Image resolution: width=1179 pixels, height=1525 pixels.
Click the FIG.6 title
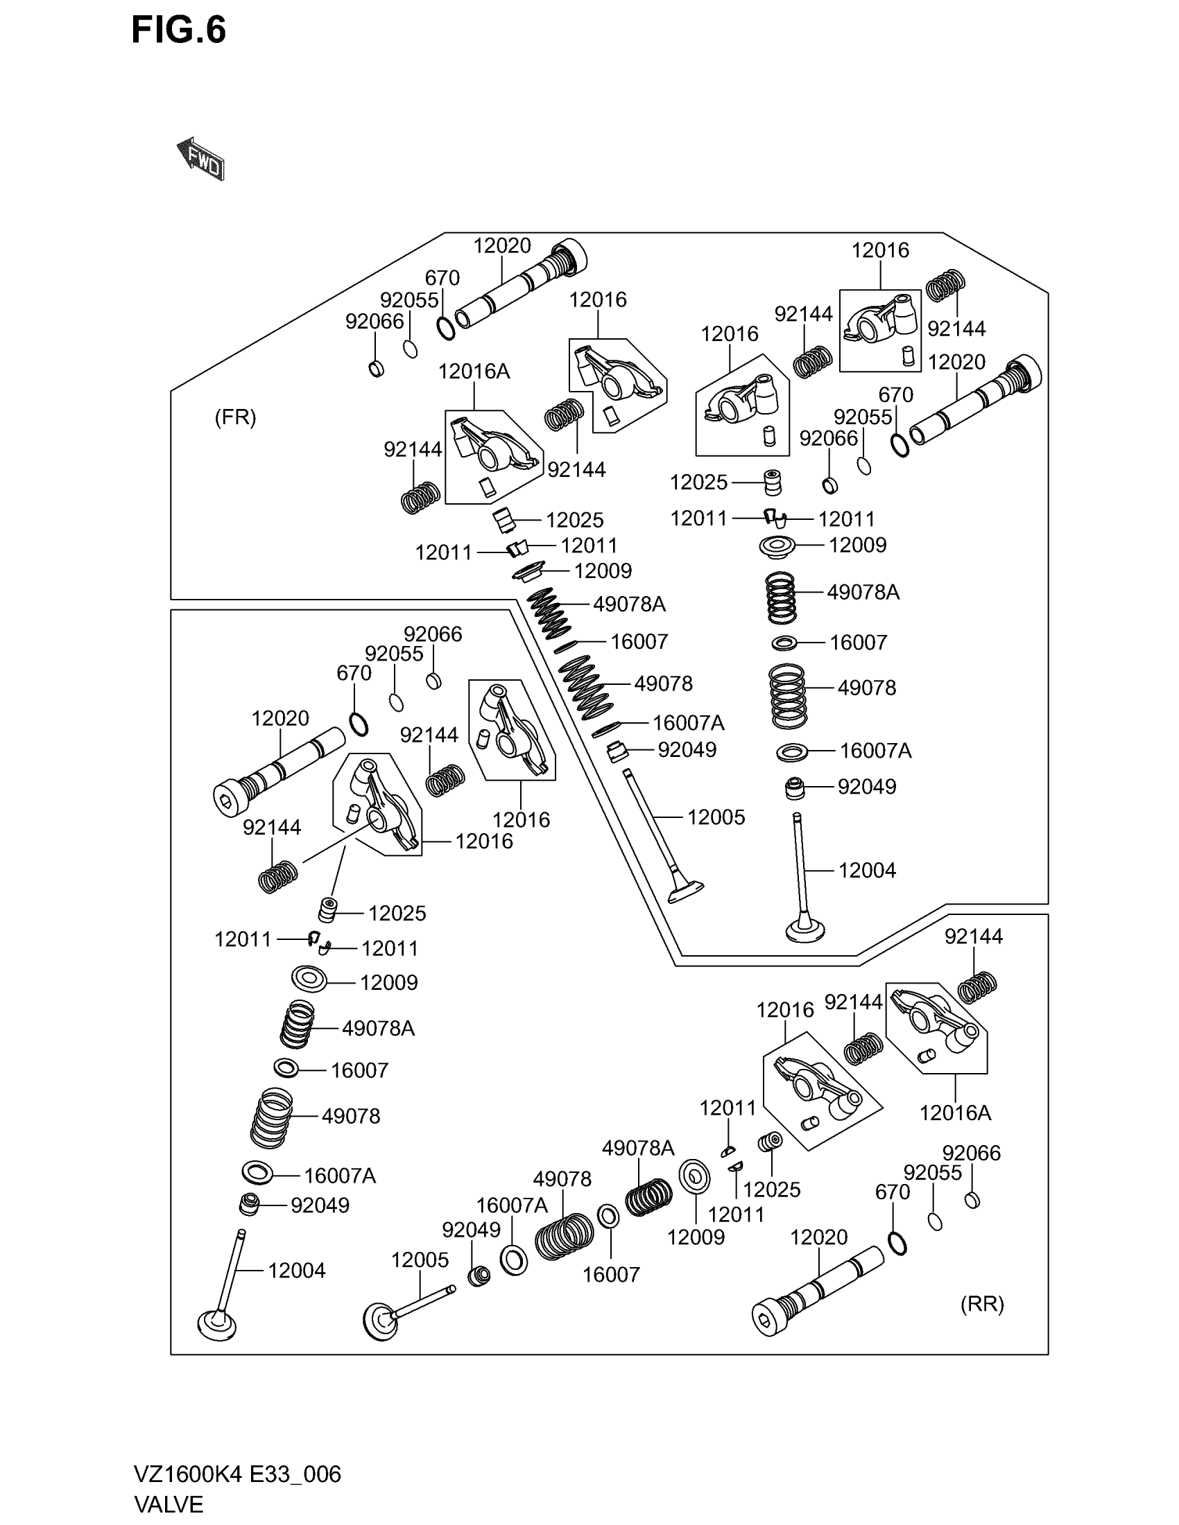[x=179, y=31]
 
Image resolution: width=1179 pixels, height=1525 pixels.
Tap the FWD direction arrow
[x=201, y=159]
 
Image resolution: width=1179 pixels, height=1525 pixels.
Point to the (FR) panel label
[x=235, y=417]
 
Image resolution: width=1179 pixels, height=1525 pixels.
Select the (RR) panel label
[x=982, y=1305]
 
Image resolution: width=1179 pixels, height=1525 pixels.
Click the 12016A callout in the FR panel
[x=474, y=372]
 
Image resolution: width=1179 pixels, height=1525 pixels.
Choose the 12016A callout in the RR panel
[x=955, y=1113]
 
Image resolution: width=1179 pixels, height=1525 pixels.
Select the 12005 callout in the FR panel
[x=716, y=817]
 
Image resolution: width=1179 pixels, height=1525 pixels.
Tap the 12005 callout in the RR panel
[x=420, y=1260]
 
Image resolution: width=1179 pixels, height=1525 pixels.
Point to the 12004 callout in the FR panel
[x=867, y=870]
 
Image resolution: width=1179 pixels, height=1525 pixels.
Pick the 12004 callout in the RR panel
[x=297, y=1270]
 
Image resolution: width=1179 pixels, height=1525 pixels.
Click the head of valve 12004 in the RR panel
[x=217, y=1325]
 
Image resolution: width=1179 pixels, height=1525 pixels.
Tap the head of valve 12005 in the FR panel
[x=685, y=892]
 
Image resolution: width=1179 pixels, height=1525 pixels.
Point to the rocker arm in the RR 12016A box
[x=936, y=1022]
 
